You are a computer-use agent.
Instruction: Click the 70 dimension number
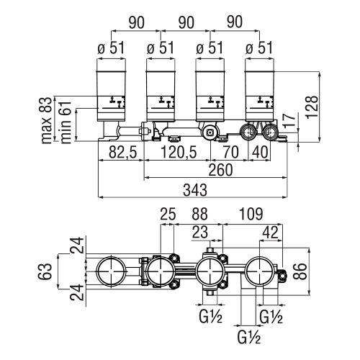[230, 151]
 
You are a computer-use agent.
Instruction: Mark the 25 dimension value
[167, 213]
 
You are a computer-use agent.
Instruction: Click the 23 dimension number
[200, 232]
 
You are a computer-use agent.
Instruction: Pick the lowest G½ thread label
[248, 336]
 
